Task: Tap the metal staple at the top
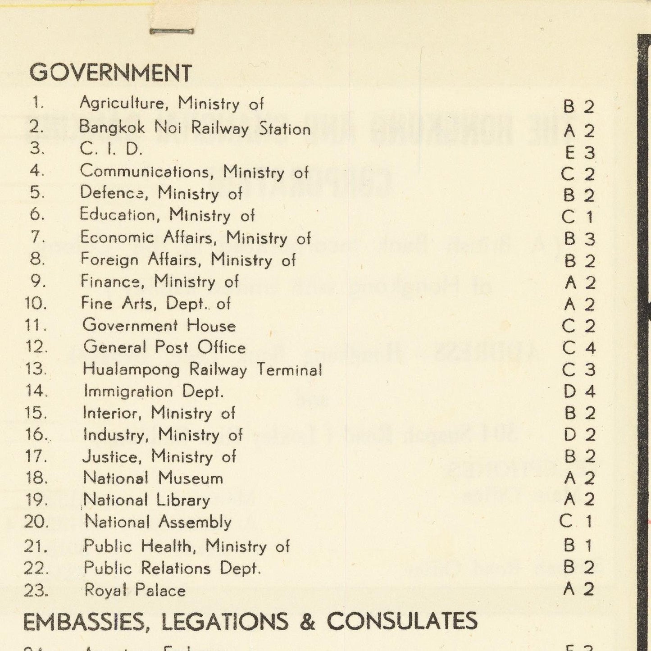[172, 31]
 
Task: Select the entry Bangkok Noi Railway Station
[195, 128]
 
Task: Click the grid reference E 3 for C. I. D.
[580, 153]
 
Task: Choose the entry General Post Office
[164, 347]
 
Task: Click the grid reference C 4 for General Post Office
[579, 348]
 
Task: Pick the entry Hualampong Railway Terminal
[202, 370]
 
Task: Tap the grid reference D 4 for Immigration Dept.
[579, 391]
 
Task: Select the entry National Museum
[153, 478]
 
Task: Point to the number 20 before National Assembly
[36, 522]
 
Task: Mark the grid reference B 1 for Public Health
[578, 546]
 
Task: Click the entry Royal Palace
[135, 590]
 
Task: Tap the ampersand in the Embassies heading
[307, 622]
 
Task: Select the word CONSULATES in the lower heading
[402, 621]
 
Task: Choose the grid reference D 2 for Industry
[579, 435]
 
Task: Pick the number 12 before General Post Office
[36, 347]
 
